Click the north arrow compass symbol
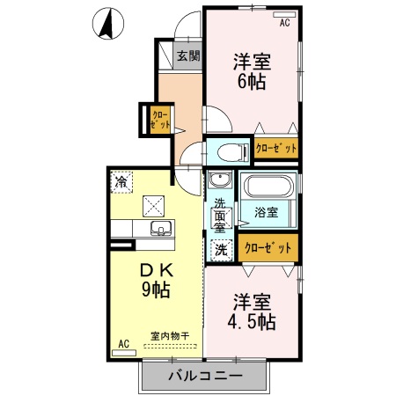click(106, 24)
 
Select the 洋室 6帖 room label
click(250, 71)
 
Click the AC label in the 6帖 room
click(284, 23)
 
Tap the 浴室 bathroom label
click(266, 212)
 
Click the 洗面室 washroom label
click(220, 216)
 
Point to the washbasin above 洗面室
click(220, 183)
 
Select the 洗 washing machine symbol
click(220, 248)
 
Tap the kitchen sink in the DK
click(161, 231)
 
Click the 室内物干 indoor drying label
click(166, 335)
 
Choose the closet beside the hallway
click(160, 120)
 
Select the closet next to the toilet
click(276, 149)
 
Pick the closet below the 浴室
click(268, 247)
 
